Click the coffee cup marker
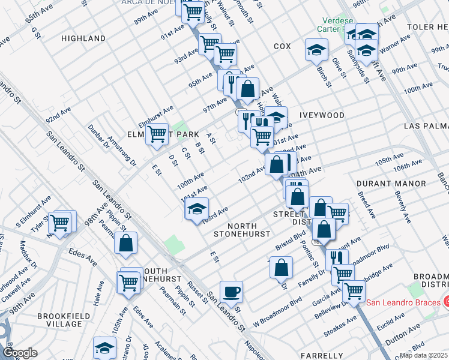pos(231,293)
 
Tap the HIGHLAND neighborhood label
pos(83,38)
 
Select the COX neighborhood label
pos(282,46)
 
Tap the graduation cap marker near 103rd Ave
pos(196,210)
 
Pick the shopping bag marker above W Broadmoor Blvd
pos(281,269)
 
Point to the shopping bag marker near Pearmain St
pos(126,244)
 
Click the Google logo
pos(20,352)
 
